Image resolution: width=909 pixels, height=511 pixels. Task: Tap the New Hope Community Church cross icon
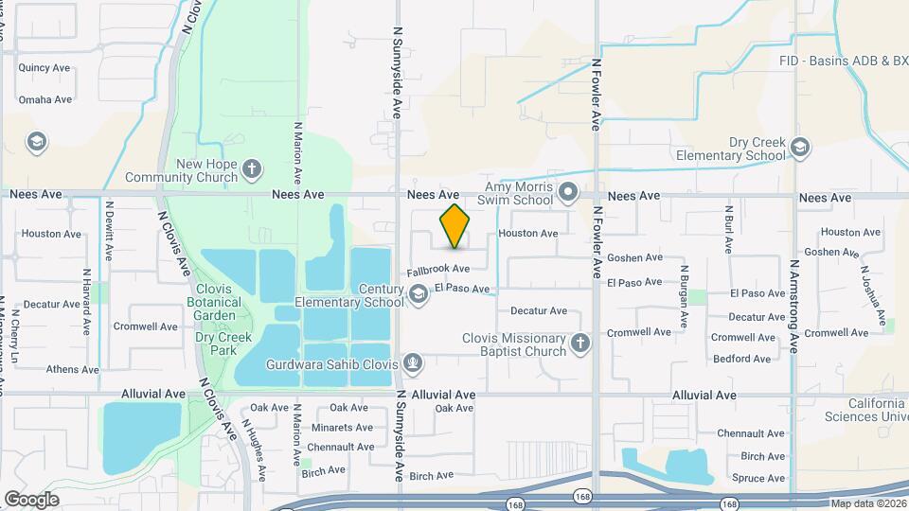251,169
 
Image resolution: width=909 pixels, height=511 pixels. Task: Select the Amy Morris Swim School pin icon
568,193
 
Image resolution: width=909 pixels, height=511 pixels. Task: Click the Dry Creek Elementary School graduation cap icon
801,148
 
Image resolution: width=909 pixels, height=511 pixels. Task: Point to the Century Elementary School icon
418,296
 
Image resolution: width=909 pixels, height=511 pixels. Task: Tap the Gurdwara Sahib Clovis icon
412,361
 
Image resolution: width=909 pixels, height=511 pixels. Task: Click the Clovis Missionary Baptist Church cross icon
580,344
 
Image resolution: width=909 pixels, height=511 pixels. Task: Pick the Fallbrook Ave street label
438,270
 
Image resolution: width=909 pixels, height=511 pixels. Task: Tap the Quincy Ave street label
45,67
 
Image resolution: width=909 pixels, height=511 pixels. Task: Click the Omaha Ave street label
45,99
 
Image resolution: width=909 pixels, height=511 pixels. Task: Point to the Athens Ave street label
72,370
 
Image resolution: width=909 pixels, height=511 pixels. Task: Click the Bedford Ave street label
742,359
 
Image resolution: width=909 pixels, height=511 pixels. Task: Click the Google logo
31,499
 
